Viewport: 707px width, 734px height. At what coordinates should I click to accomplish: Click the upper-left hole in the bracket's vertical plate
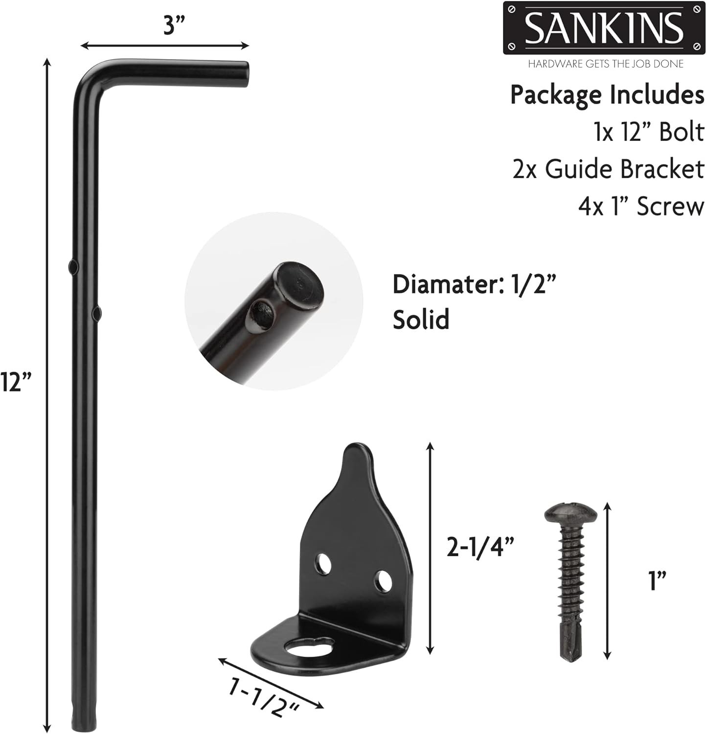click(323, 564)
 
